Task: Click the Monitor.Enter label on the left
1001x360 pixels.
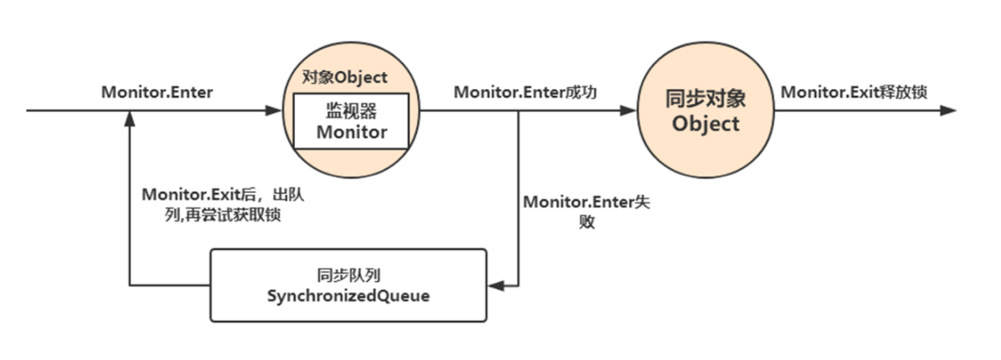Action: pyautogui.click(x=157, y=92)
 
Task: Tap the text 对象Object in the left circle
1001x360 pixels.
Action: pyautogui.click(x=344, y=77)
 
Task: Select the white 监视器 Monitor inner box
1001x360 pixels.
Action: pyautogui.click(x=350, y=122)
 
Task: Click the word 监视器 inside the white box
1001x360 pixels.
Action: pyautogui.click(x=350, y=111)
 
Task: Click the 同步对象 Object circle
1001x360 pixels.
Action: pyautogui.click(x=706, y=111)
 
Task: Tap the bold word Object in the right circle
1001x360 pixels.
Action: pyautogui.click(x=706, y=124)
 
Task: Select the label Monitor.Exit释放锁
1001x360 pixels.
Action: pyautogui.click(x=854, y=92)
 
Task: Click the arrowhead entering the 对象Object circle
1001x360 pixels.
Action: pyautogui.click(x=274, y=111)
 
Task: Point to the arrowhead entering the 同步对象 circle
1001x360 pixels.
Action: pyautogui.click(x=629, y=111)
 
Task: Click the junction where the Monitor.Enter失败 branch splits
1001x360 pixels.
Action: pyautogui.click(x=518, y=111)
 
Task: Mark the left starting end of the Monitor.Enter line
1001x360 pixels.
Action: pyautogui.click(x=29, y=111)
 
